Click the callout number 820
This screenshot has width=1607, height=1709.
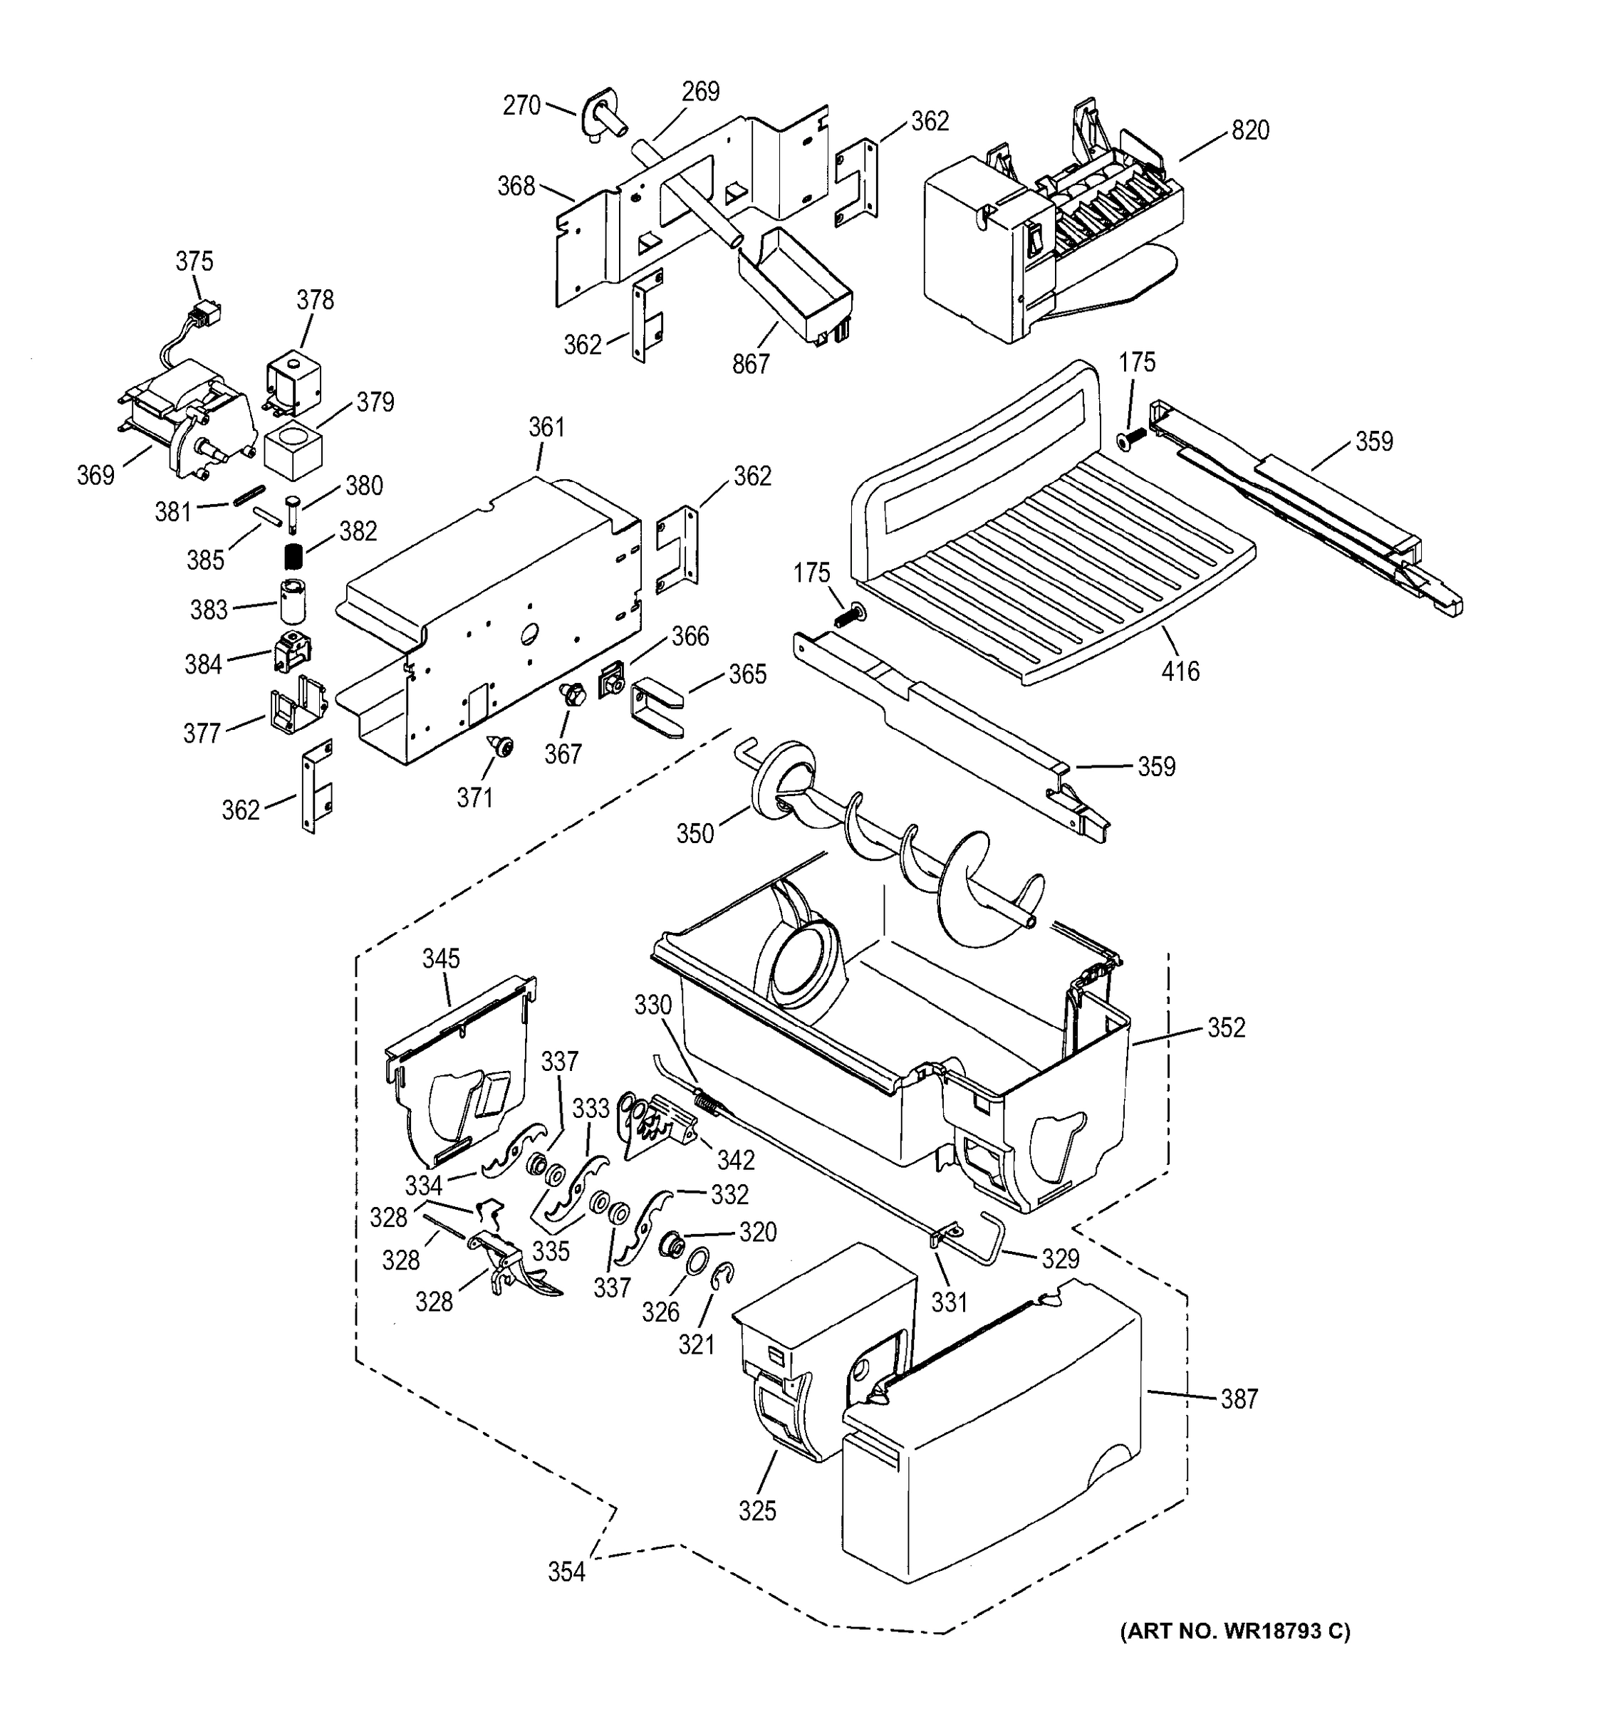(1249, 131)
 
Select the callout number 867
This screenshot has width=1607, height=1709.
(751, 365)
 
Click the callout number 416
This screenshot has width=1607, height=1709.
(1180, 671)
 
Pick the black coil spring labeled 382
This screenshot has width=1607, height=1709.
(295, 557)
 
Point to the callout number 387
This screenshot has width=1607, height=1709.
(1239, 1399)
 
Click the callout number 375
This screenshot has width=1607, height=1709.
(194, 261)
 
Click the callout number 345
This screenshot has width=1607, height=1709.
(441, 958)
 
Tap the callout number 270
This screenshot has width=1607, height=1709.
(521, 105)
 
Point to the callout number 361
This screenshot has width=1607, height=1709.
(547, 427)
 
